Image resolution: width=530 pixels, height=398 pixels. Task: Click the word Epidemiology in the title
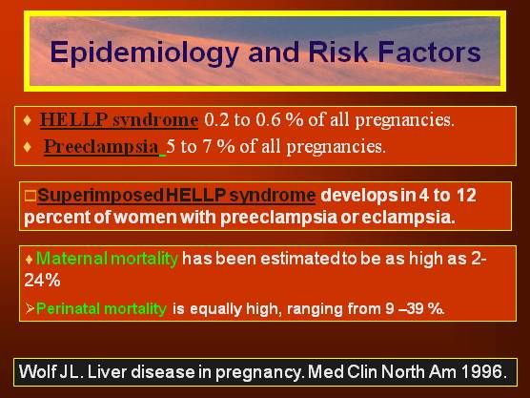144,53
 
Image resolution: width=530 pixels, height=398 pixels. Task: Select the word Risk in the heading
337,52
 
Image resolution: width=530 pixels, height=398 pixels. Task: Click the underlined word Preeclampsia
101,147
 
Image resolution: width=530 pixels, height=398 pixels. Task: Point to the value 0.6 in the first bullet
268,119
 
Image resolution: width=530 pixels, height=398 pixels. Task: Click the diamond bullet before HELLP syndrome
28,120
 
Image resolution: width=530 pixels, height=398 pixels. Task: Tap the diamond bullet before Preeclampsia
28,147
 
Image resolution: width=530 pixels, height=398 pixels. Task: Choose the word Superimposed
100,197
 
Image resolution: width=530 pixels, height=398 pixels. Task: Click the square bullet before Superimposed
31,196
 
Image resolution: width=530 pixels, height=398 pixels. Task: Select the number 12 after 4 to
466,195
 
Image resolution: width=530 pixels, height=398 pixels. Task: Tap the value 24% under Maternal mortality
42,281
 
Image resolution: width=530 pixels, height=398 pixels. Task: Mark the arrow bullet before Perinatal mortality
30,308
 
